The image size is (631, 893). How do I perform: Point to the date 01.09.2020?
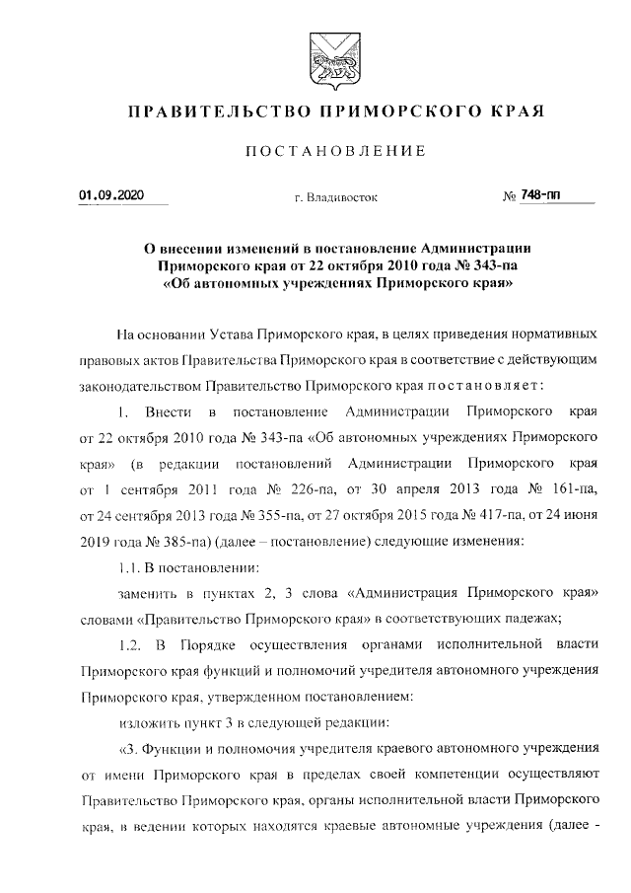pos(110,195)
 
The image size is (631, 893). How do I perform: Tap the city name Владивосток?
pos(335,198)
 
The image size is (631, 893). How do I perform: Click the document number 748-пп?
pos(541,195)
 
